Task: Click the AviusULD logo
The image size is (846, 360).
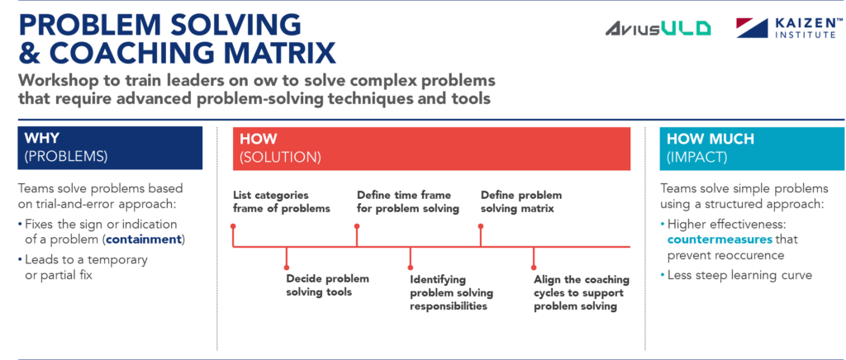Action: (658, 29)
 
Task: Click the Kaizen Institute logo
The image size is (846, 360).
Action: (789, 28)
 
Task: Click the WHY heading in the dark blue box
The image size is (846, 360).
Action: (42, 139)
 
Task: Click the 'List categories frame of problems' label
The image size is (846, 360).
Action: (281, 202)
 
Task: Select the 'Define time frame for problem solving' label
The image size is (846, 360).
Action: (407, 202)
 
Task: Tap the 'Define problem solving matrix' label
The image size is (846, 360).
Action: (521, 202)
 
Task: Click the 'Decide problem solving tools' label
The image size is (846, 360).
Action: (327, 286)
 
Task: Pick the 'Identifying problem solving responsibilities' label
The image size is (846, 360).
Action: (450, 292)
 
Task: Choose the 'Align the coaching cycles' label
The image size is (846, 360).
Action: (581, 292)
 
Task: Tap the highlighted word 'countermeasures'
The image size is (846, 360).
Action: (720, 239)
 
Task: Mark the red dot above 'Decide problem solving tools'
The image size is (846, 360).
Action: (287, 266)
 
